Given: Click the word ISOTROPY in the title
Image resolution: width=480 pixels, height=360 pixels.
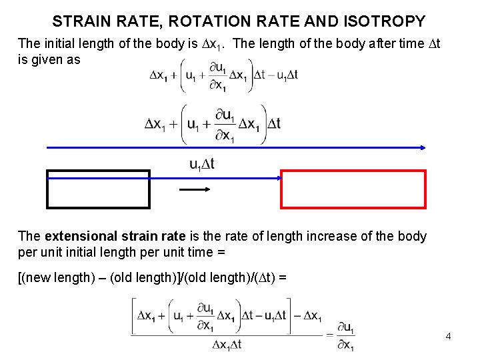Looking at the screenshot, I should tap(387, 21).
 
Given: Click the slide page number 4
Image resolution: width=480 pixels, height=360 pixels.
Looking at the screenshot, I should tap(449, 336).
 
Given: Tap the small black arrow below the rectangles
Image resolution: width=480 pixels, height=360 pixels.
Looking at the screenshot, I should tap(196, 189).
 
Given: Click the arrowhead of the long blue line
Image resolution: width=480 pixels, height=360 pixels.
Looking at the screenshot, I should tap(423, 147).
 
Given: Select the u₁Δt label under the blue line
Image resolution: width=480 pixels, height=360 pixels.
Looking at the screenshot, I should tap(201, 164).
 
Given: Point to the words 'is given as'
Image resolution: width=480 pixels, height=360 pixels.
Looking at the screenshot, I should tap(49, 59).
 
